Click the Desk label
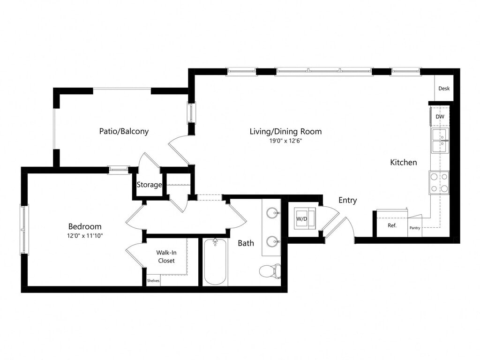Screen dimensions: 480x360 coord(444,89)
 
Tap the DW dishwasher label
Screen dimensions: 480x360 coord(440,116)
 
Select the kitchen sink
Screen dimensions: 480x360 coord(440,141)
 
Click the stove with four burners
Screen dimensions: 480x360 coord(439,183)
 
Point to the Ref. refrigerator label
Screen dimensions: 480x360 coord(392,225)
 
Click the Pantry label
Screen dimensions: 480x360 coord(415,228)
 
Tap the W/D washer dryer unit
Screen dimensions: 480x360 coord(301,219)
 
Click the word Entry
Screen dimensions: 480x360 coord(347,200)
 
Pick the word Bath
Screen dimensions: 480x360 coord(246,243)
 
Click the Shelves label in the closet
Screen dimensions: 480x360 coord(153,281)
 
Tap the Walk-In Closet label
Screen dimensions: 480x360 coord(166,256)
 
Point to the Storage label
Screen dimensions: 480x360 coord(149,185)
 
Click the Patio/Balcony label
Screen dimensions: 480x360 coord(124,131)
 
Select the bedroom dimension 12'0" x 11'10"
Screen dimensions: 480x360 coord(85,235)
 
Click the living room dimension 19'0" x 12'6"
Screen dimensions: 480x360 coord(285,141)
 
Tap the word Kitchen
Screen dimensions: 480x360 coord(404,162)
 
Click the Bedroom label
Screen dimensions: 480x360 coord(85,226)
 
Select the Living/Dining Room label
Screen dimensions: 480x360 coord(285,131)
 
